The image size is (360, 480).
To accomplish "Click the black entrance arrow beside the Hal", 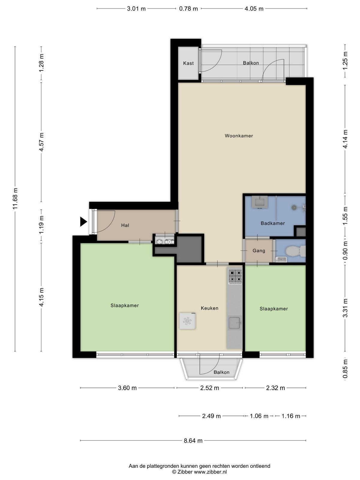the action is point(83,221).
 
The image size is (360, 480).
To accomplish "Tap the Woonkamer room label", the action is point(239,136).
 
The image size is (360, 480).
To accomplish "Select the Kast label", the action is point(188,63).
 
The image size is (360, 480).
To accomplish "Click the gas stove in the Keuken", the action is point(235,276).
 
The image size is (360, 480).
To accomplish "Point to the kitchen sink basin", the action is point(234,323).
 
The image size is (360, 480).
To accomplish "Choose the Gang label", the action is point(259,250).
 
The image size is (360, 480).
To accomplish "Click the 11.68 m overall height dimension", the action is point(15,199).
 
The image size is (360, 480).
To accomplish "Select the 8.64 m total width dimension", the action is point(193,440).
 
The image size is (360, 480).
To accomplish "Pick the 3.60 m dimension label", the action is point(127,388).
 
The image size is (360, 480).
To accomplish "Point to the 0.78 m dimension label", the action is point(188,8).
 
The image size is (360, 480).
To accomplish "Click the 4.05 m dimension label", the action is point(254,8).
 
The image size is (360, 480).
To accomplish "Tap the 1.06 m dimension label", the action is point(259,416).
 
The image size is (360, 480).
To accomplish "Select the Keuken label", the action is point(209,308).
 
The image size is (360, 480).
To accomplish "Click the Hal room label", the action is point(125,225).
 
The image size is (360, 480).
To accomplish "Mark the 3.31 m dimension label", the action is point(345,308).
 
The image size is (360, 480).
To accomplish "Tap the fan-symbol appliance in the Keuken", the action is point(187,321).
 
